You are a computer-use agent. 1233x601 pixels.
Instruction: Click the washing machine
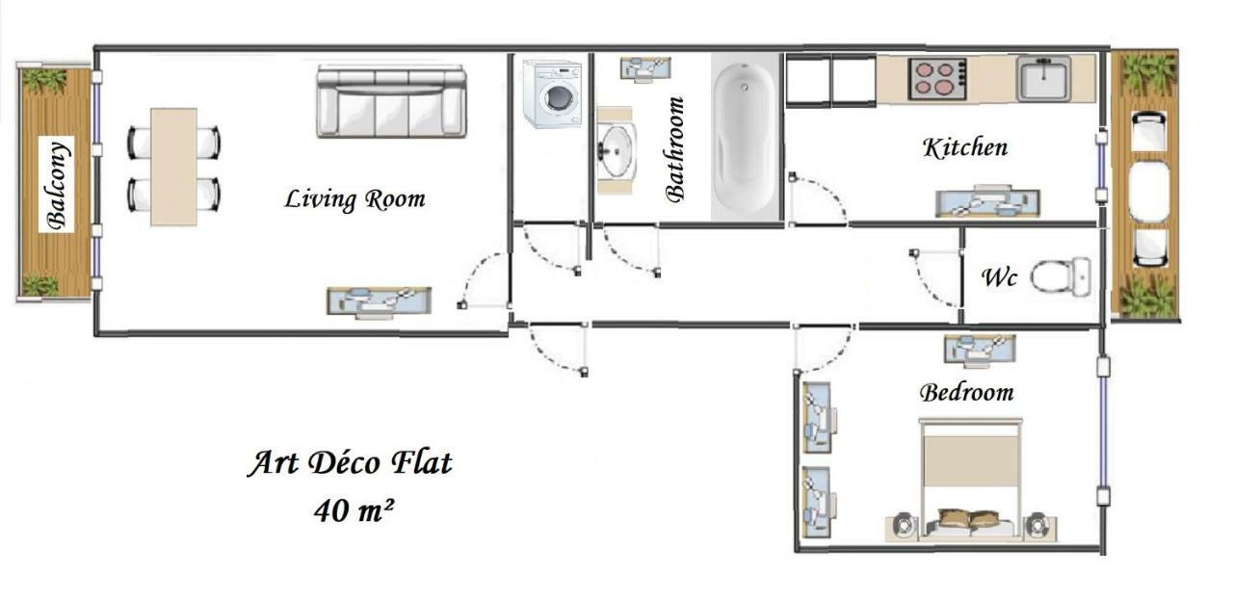coord(553,93)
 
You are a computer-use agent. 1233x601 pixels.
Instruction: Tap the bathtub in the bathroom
coord(745,135)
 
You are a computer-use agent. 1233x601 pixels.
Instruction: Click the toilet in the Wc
coord(1061,276)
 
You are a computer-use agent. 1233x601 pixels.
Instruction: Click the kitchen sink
coord(1044,78)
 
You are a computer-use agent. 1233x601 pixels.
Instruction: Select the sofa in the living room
coord(391,102)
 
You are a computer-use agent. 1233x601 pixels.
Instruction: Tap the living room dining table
coord(173,167)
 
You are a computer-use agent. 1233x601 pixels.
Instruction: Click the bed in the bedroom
coord(970,479)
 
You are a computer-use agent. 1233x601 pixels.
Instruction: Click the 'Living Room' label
coord(354,199)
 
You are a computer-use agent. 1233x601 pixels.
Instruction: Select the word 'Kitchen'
coord(965,147)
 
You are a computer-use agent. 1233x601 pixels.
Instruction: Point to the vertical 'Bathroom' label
coord(675,148)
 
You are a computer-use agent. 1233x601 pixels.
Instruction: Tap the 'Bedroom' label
coord(966,393)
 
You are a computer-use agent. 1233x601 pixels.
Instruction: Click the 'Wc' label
coord(999,277)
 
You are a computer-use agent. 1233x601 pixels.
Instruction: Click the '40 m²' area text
coord(354,509)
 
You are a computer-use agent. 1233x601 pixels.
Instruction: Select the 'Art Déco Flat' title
coord(351,463)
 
